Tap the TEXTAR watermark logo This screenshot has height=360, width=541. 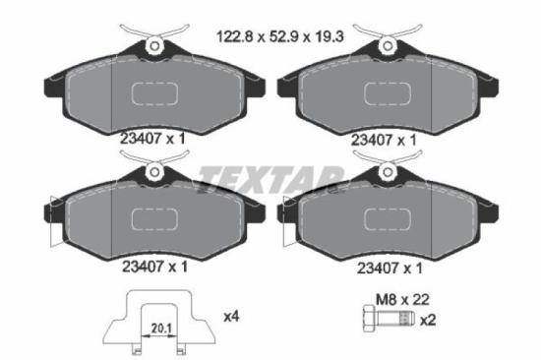pos(270,178)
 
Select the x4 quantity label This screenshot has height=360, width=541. pos(232,317)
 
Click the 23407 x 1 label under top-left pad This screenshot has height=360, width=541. pos(152,140)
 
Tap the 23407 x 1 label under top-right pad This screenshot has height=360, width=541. pos(386,140)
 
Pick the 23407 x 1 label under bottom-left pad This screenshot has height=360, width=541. pos(152,266)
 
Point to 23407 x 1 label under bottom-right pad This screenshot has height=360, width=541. pos(386,266)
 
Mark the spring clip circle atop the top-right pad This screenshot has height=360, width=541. pos(387,44)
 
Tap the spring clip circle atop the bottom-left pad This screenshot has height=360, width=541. pos(153,173)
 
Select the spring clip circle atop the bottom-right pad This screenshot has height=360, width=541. pos(387,173)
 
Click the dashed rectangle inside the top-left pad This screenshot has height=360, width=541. pos(154,93)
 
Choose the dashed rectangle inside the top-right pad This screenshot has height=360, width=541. pos(388,93)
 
